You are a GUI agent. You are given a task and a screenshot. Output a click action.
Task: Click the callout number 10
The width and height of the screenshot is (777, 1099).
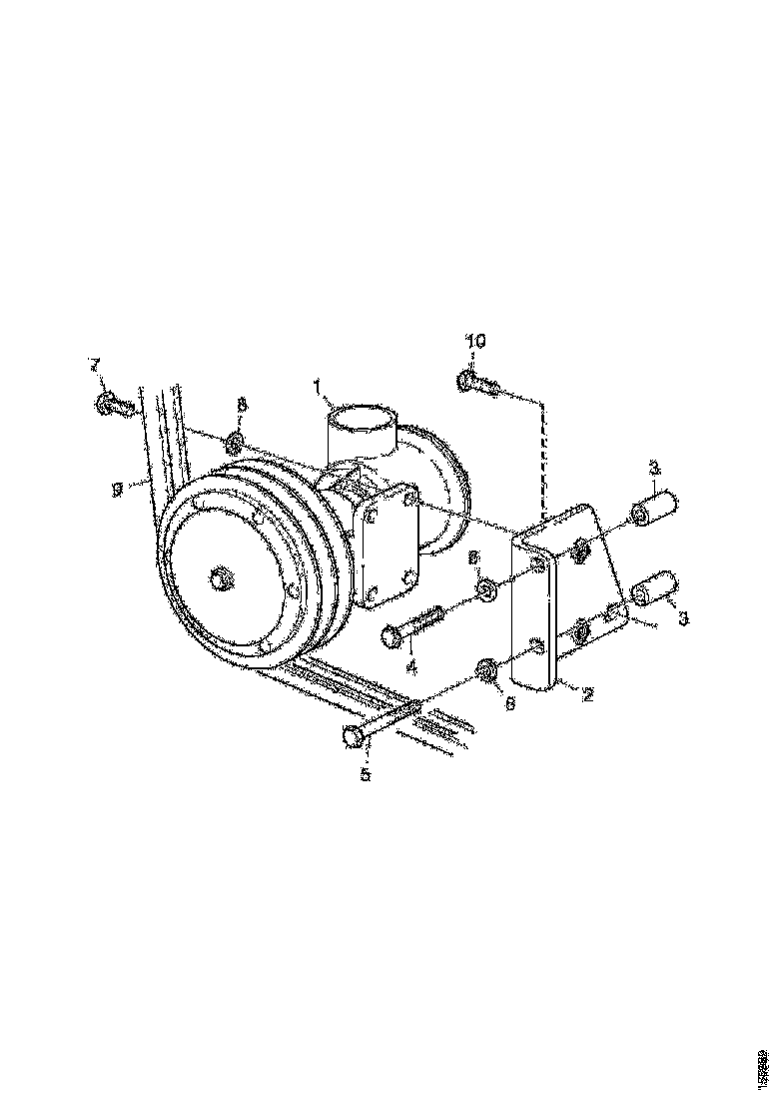[x=476, y=342]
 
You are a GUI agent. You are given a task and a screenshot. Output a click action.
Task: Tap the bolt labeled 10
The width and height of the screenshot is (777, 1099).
[x=477, y=383]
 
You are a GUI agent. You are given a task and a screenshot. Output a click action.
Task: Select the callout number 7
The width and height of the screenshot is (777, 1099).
[x=96, y=363]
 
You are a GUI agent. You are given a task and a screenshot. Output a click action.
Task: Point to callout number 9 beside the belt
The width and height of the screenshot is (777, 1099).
[x=118, y=489]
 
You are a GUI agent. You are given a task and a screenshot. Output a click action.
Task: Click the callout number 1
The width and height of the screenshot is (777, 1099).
[x=317, y=385]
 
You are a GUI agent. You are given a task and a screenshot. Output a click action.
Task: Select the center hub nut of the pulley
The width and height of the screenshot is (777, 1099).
[x=221, y=576]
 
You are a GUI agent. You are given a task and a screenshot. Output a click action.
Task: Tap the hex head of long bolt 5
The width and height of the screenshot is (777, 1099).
[x=353, y=737]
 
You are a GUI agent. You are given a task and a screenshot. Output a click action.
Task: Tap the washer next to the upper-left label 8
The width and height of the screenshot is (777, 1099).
[x=235, y=440]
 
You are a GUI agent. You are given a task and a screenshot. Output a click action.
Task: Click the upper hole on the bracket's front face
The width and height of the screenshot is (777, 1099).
[x=538, y=565]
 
